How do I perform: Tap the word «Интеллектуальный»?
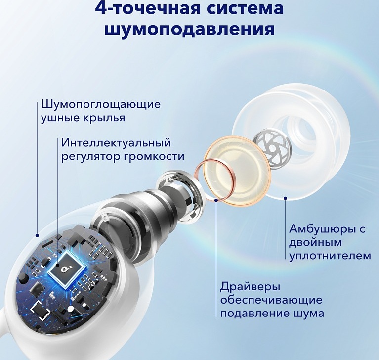point(116,143)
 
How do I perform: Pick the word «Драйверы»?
point(250,287)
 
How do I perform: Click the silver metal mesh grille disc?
point(273,149)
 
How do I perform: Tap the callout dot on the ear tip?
point(286,198)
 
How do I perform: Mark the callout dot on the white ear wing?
point(37,235)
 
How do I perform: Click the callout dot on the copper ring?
point(216,200)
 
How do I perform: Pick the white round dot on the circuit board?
point(71,309)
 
